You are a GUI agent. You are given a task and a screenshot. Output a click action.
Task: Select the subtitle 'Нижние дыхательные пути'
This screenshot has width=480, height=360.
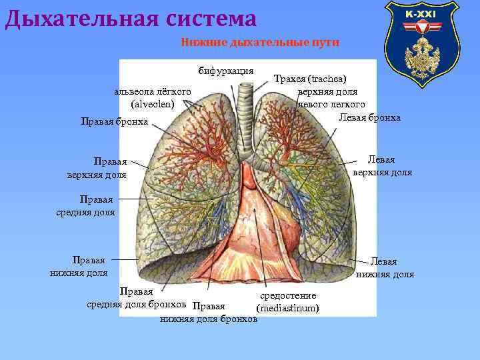[260, 43]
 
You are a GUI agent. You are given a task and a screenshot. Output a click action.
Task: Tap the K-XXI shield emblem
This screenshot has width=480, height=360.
[421, 41]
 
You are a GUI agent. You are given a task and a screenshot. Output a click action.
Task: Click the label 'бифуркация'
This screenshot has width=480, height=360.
[225, 71]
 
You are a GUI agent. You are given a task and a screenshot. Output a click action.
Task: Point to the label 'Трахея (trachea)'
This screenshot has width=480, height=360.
[310, 79]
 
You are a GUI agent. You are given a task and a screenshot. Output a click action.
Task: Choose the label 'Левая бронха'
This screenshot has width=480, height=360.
[370, 117]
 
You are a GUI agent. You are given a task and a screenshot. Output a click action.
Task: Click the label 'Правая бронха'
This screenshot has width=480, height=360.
[114, 121]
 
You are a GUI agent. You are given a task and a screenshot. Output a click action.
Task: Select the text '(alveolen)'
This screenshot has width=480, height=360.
[153, 104]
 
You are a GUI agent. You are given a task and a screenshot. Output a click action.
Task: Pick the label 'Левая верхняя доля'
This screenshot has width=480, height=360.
[382, 166]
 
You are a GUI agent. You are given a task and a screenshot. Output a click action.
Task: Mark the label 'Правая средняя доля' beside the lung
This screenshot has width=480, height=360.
[86, 206]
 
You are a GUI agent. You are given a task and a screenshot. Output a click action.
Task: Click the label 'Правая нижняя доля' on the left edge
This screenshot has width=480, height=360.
[79, 266]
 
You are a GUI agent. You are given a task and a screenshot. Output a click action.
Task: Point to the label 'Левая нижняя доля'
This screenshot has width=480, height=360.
[385, 268]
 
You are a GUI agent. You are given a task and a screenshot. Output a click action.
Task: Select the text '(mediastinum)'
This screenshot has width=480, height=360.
[287, 308]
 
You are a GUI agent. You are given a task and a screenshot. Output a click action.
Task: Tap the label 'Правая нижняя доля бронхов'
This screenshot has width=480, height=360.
[209, 313]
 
